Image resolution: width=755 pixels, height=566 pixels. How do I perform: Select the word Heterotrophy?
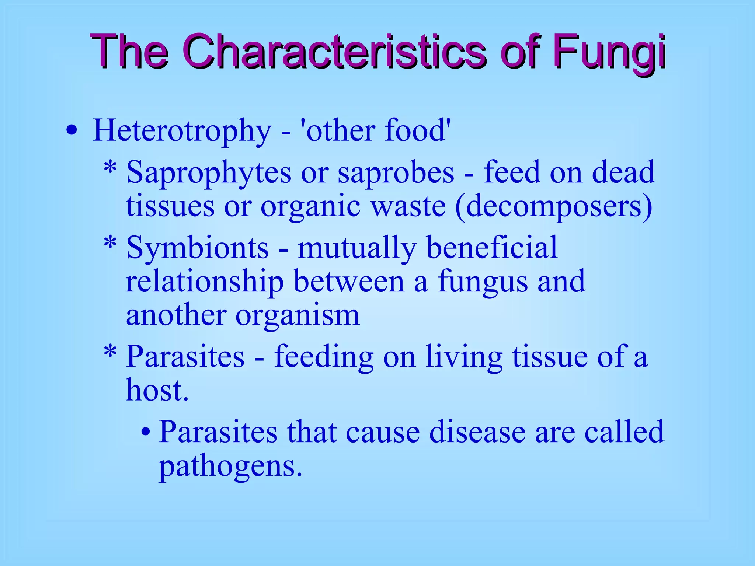[182, 131]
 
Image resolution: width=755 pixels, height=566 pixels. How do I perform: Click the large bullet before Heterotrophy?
[72, 131]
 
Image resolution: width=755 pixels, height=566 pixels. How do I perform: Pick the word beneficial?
[492, 248]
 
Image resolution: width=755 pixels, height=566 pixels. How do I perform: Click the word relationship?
[205, 282]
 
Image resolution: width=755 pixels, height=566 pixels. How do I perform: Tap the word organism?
[298, 316]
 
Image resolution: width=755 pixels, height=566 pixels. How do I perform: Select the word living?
[464, 357]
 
